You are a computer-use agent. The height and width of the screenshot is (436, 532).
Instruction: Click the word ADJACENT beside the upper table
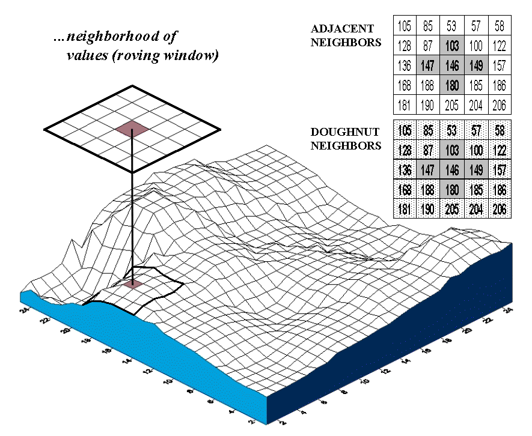[x=342, y=28]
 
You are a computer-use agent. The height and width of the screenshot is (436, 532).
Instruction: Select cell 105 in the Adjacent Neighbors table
[x=405, y=26]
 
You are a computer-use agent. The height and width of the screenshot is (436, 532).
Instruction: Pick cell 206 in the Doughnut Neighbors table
[x=499, y=210]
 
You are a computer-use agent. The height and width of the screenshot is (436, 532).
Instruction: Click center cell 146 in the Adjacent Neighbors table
[x=451, y=65]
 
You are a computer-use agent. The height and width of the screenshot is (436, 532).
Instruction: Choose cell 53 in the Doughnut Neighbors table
[x=452, y=131]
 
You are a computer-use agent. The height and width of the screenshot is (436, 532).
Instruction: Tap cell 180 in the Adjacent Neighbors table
[x=451, y=85]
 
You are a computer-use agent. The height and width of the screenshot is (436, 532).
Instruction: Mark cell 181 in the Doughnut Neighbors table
[x=405, y=210]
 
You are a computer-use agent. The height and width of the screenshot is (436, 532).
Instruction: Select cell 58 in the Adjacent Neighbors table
[x=499, y=26]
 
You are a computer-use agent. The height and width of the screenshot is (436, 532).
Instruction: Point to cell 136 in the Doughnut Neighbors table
[x=405, y=171]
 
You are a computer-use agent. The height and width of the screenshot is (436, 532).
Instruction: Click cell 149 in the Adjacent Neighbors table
[x=475, y=65]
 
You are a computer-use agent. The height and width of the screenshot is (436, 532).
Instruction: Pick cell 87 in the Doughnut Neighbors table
[x=428, y=151]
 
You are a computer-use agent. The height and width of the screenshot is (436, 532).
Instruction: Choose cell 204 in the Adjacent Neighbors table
[x=475, y=106]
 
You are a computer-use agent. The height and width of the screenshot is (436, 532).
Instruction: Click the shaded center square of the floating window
[x=132, y=127]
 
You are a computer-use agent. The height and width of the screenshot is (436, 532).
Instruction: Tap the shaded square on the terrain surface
[x=133, y=283]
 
